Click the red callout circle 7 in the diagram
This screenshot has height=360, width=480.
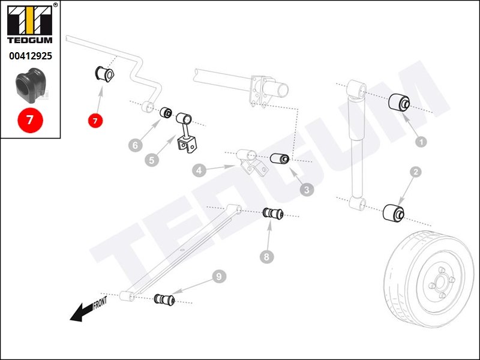(x=95, y=121)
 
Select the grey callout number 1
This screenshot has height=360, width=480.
(x=421, y=142)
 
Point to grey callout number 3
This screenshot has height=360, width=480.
(x=307, y=190)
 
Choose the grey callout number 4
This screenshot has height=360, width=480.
(x=199, y=170)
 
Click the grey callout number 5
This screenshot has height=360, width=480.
(x=152, y=160)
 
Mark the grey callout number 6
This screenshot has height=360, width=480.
(x=136, y=145)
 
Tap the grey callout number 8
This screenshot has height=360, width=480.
(x=267, y=257)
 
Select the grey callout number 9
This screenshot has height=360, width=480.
(x=219, y=277)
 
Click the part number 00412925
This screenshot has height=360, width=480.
(x=30, y=56)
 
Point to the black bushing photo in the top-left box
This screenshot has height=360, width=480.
(x=30, y=85)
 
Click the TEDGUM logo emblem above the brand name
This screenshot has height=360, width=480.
(x=30, y=22)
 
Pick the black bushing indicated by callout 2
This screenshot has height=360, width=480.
(x=394, y=212)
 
